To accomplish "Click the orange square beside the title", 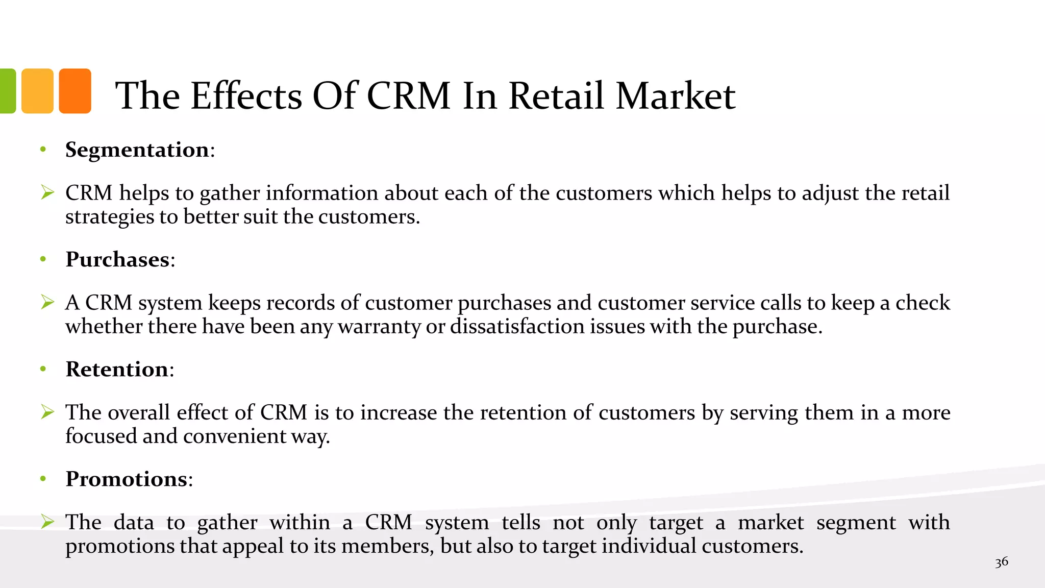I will click(75, 91).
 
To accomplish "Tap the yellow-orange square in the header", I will click(37, 91).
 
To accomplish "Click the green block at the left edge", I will click(7, 91).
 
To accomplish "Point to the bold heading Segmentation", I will click(137, 150).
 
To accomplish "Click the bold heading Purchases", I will click(117, 260).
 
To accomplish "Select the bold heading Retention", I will click(117, 370).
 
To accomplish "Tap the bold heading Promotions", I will click(127, 479).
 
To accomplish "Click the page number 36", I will click(1001, 562).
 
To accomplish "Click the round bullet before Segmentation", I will click(43, 150).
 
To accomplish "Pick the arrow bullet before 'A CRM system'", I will click(47, 302).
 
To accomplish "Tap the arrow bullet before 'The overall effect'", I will click(47, 412).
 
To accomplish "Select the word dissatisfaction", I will click(517, 327).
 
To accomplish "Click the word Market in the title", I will click(676, 96).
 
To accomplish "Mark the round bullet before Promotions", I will click(43, 479).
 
